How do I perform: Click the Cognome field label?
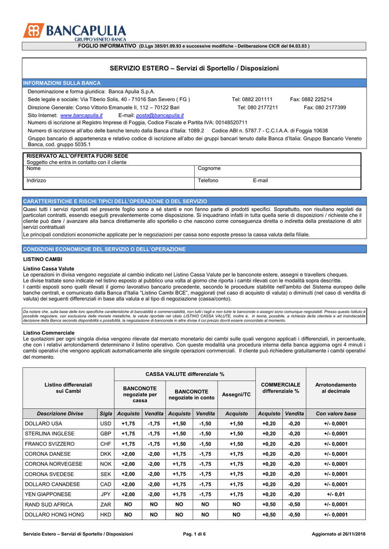[x=209, y=168]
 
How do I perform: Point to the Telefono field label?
[x=208, y=181]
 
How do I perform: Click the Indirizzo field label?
[x=36, y=181]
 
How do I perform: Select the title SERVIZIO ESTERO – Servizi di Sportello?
[x=194, y=69]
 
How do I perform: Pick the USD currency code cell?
[x=106, y=424]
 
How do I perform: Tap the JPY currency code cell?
[x=106, y=494]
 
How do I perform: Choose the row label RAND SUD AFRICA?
[x=49, y=505]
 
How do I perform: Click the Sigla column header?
[x=106, y=413]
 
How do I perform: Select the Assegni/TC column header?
[x=236, y=394]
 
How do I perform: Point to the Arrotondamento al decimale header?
[x=335, y=388]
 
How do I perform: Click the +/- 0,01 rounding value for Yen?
[x=335, y=494]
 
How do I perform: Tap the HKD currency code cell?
[x=106, y=515]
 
